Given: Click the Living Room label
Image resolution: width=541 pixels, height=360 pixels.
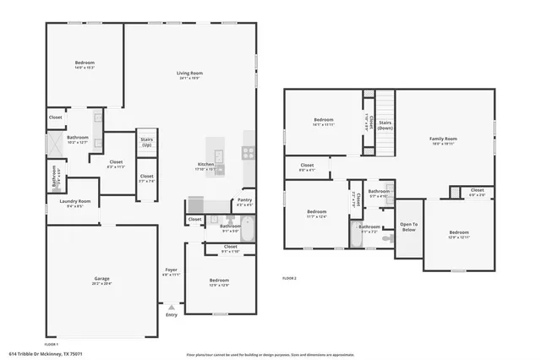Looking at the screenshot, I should coord(189,74).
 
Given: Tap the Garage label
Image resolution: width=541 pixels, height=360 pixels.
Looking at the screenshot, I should coord(101,279).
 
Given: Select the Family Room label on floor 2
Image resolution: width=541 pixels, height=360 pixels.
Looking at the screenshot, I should coord(442,139).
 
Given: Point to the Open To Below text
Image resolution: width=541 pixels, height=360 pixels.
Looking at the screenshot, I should coord(408,227).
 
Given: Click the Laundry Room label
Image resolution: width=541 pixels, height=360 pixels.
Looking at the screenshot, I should coord(74,201).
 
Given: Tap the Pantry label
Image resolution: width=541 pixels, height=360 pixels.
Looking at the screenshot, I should coord(243,201).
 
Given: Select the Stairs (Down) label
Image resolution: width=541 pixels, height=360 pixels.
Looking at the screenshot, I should coord(385,123).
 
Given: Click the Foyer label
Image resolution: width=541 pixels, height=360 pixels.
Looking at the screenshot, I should coord(171,270).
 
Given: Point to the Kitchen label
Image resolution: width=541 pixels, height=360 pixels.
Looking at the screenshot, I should coord(205,164).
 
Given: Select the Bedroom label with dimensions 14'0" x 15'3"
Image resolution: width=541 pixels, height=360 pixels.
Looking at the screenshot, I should coord(85,63).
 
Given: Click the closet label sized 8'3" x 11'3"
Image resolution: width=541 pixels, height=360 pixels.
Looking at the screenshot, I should coord(116,162).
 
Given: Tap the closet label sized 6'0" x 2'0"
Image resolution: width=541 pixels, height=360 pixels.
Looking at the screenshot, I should coord(477,191).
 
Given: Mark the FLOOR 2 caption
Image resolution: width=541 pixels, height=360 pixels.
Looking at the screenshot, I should coord(289,278).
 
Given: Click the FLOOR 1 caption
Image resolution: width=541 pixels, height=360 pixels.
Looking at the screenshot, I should coord(51,344).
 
